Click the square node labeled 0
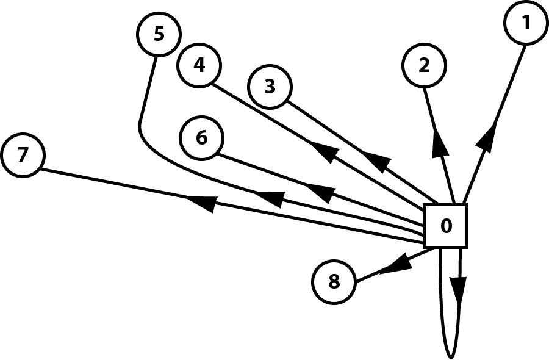click(446, 226)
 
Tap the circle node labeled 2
click(425, 65)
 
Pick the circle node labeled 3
click(270, 87)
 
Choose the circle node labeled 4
click(199, 65)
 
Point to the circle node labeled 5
click(159, 34)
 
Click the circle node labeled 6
click(202, 138)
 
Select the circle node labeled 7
click(23, 156)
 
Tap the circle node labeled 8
click(334, 282)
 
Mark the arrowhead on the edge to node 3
click(377, 162)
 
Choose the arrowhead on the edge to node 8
click(393, 264)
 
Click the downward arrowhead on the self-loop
click(459, 287)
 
